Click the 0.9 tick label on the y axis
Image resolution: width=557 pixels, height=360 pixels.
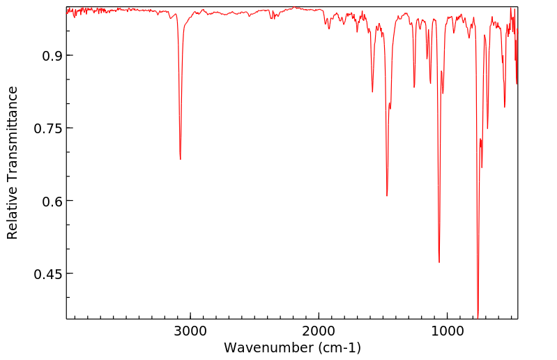click(47, 56)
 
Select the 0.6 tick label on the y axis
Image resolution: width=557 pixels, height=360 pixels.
click(47, 201)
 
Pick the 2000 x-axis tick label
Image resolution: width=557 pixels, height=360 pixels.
click(319, 330)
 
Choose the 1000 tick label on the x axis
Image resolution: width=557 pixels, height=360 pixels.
click(447, 330)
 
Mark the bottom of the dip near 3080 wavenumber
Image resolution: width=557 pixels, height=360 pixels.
click(180, 160)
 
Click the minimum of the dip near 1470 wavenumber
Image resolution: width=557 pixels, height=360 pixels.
click(387, 196)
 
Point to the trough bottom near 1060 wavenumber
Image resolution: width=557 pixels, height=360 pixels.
click(439, 262)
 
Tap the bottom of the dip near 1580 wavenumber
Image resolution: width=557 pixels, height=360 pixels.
click(372, 92)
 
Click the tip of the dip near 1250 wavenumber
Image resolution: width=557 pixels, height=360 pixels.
click(414, 88)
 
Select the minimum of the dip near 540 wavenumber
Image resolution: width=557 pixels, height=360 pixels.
click(505, 107)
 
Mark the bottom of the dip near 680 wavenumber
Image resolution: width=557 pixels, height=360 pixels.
click(487, 129)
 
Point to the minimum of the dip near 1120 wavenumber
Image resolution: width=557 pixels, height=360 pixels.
click(430, 83)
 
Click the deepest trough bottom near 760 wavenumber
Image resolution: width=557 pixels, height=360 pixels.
click(478, 316)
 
